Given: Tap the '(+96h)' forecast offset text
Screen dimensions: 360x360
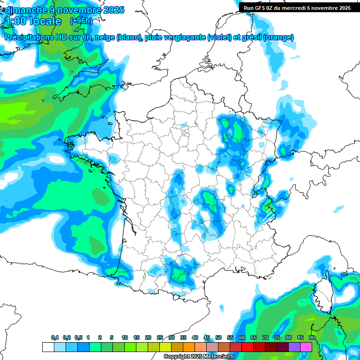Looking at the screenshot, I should pyautogui.click(x=81, y=21).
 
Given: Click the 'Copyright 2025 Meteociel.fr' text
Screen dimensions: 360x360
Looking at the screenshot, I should pyautogui.click(x=199, y=357).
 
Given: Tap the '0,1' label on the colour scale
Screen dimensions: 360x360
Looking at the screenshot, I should pyautogui.click(x=55, y=338).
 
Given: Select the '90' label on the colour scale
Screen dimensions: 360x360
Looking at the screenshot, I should pyautogui.click(x=312, y=338).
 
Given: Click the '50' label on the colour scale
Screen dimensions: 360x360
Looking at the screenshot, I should pyautogui.click(x=218, y=338).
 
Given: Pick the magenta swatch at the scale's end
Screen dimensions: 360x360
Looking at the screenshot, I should pyautogui.click(x=306, y=347).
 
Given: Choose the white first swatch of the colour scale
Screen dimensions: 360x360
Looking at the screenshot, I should pyautogui.click(x=48, y=347).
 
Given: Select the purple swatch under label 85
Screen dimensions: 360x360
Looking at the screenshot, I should pyautogui.click(x=294, y=347).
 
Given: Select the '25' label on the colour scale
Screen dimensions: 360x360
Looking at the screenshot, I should pyautogui.click(x=160, y=338).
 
